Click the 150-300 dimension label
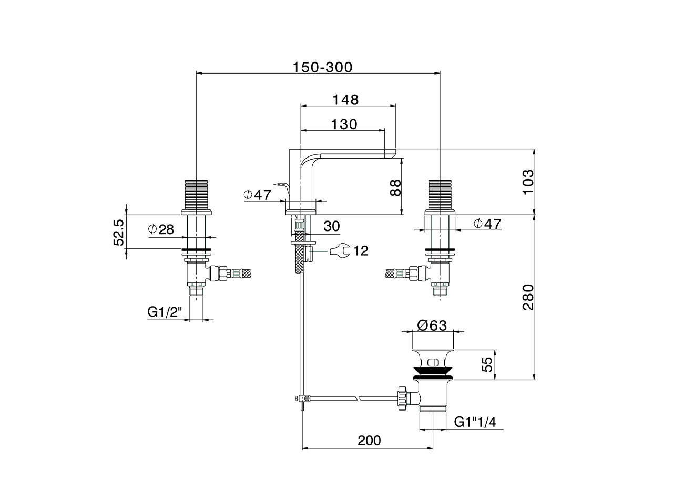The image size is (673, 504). (322, 67)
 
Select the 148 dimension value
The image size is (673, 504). (345, 100)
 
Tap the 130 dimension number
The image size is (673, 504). (344, 124)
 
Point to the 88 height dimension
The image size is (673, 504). (395, 187)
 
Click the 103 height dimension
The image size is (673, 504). (528, 182)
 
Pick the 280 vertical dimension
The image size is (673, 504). (528, 298)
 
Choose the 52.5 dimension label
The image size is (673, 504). (119, 233)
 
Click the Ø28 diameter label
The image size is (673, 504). (161, 229)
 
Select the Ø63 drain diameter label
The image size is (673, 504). (432, 325)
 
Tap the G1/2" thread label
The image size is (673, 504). (165, 312)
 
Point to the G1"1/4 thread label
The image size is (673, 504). (475, 422)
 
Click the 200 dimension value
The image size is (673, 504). (369, 440)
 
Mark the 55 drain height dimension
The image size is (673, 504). (487, 364)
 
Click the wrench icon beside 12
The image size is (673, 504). (340, 250)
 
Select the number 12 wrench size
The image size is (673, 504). (361, 251)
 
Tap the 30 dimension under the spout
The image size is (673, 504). (332, 226)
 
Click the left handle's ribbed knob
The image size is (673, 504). (196, 195)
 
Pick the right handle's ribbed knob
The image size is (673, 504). (440, 195)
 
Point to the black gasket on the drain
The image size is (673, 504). (433, 371)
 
